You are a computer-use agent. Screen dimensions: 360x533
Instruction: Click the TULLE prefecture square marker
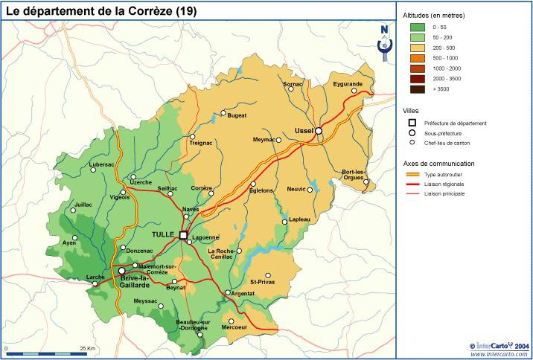point(183,235)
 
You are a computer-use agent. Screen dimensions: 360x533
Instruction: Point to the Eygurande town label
point(347,84)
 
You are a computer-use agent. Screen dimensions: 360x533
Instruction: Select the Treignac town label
point(200,143)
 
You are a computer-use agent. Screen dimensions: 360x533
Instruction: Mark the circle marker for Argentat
point(227,292)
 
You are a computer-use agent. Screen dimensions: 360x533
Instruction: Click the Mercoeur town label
point(234,327)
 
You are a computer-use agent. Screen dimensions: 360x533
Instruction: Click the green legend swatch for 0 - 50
point(417,26)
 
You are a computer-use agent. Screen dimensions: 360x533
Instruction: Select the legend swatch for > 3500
point(417,89)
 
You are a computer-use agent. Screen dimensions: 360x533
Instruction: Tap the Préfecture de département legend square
point(411,123)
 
